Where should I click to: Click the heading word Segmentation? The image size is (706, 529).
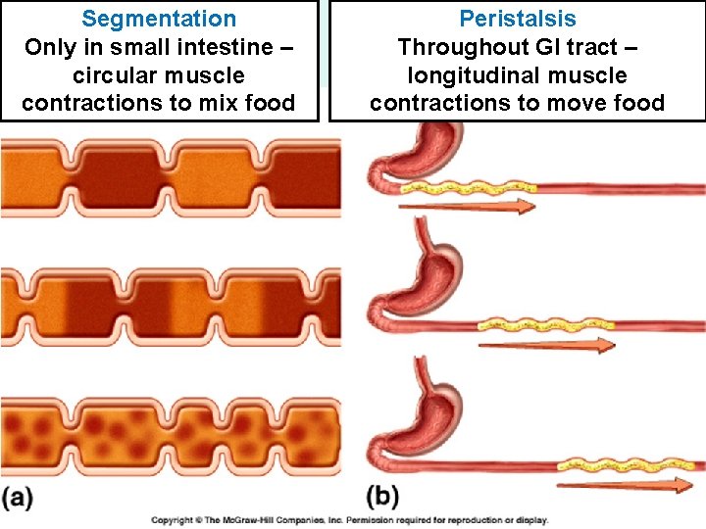click(x=159, y=19)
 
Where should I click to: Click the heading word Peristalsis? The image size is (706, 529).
click(x=518, y=19)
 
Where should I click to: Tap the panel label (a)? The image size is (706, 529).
click(x=17, y=497)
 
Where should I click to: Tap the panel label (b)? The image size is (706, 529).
click(x=383, y=497)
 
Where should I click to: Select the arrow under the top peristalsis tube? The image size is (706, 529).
click(x=467, y=207)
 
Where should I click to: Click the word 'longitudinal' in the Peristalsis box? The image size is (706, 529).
click(x=469, y=75)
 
